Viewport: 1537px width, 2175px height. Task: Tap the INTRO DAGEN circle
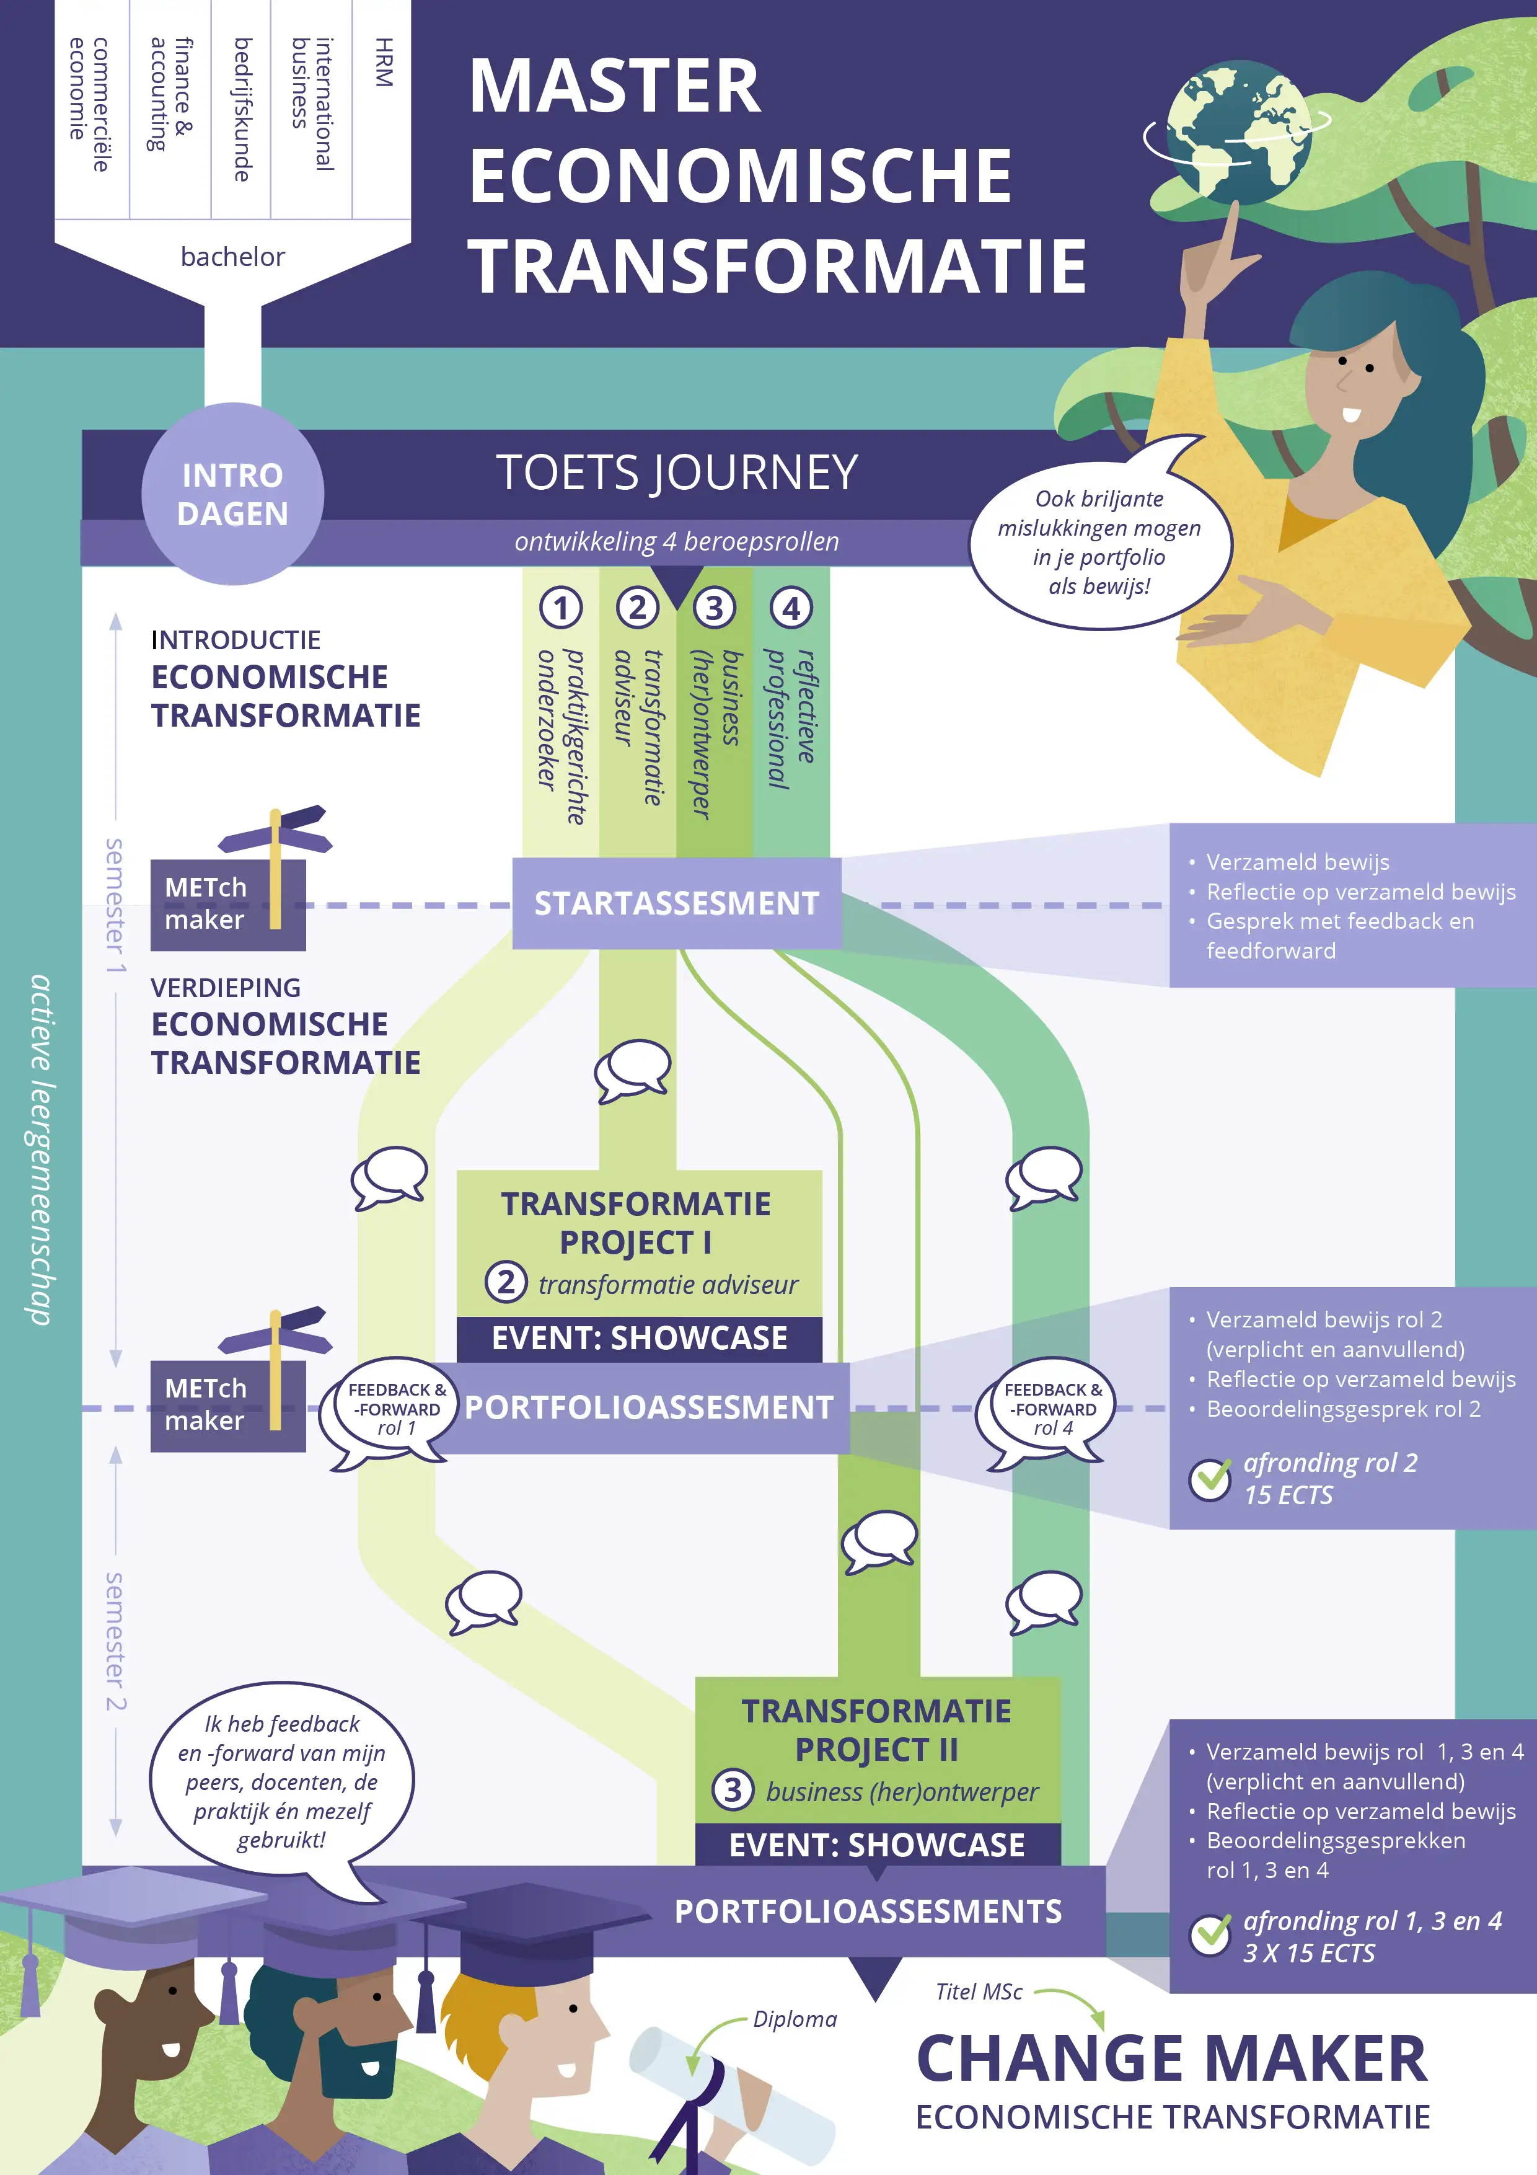pos(233,494)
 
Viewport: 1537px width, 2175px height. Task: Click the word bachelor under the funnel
pos(233,257)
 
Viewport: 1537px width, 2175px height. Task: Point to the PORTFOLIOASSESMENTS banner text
pos(868,1911)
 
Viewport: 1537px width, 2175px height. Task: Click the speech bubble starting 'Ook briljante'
pos(1101,542)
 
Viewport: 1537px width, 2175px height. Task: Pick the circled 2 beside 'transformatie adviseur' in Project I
pos(506,1283)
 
